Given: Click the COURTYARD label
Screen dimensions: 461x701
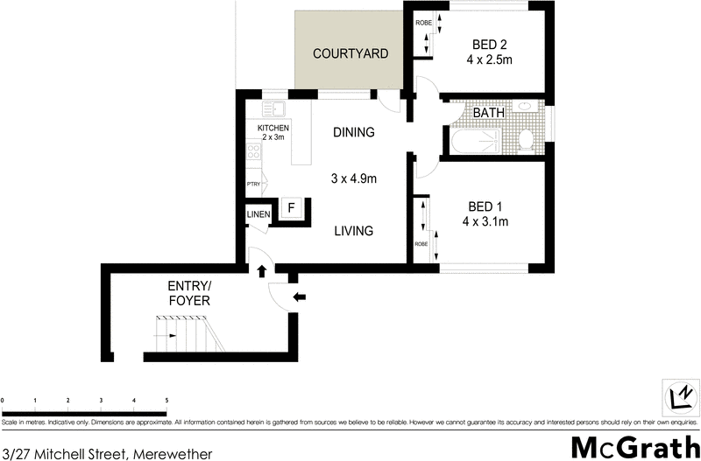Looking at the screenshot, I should pos(350,53).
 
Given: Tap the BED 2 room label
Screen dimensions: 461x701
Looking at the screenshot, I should pos(488,44).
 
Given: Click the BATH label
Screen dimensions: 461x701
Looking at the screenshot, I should pos(487,113).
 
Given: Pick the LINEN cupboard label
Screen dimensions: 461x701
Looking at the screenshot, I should pos(258,214).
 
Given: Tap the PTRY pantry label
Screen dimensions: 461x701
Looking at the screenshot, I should pos(253,184).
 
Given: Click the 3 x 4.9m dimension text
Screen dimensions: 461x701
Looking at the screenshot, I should pos(353,179).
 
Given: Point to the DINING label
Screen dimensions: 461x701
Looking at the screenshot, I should pos(354,133).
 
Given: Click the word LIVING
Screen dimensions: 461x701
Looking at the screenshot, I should pos(353,231).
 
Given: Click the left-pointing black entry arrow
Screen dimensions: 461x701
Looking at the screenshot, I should pos(299,297).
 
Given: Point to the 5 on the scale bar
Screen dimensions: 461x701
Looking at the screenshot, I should pos(166,400).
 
